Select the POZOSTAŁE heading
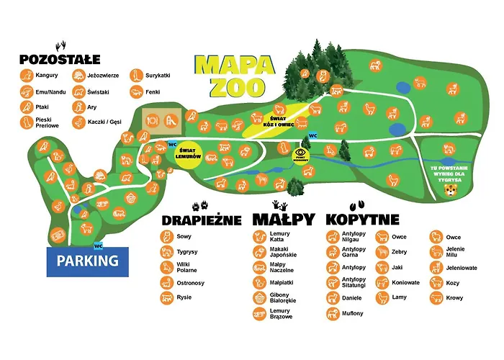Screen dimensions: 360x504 (60, 59)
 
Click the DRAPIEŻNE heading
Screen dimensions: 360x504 (201, 219)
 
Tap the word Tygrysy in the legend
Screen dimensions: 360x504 (189, 252)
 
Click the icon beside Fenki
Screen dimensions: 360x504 (135, 92)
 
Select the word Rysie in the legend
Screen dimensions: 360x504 (184, 297)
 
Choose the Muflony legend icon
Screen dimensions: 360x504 (333, 313)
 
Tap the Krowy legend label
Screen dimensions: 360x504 (453, 298)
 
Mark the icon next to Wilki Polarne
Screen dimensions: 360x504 (166, 267)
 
